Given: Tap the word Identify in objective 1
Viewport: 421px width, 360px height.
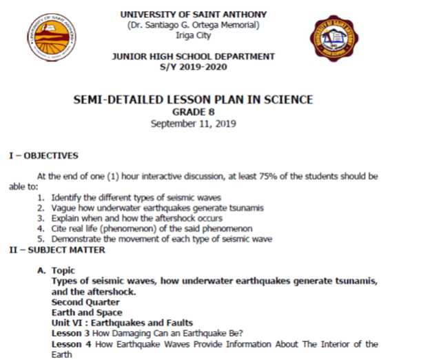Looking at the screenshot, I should (68, 197).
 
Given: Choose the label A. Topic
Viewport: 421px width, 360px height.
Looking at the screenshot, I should (57, 270).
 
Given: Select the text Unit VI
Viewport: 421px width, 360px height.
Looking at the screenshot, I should (69, 323).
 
